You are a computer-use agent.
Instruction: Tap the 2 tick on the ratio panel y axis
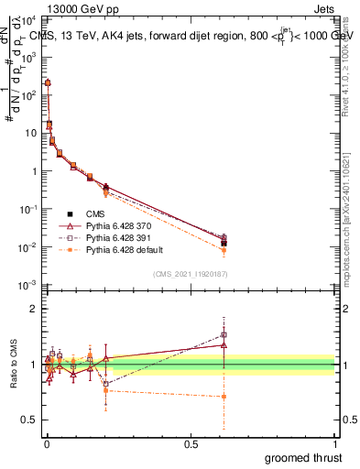click(x=34, y=309)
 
